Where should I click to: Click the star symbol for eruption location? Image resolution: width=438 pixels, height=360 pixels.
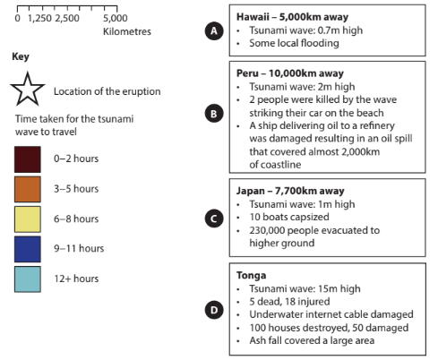click(x=28, y=91)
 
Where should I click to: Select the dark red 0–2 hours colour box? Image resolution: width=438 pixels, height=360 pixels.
click(x=28, y=159)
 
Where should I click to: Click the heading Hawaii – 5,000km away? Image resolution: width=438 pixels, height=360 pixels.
click(x=291, y=17)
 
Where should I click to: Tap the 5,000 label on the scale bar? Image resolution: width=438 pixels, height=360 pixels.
click(x=116, y=19)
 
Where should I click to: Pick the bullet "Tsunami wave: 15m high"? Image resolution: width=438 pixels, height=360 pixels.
click(x=302, y=290)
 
